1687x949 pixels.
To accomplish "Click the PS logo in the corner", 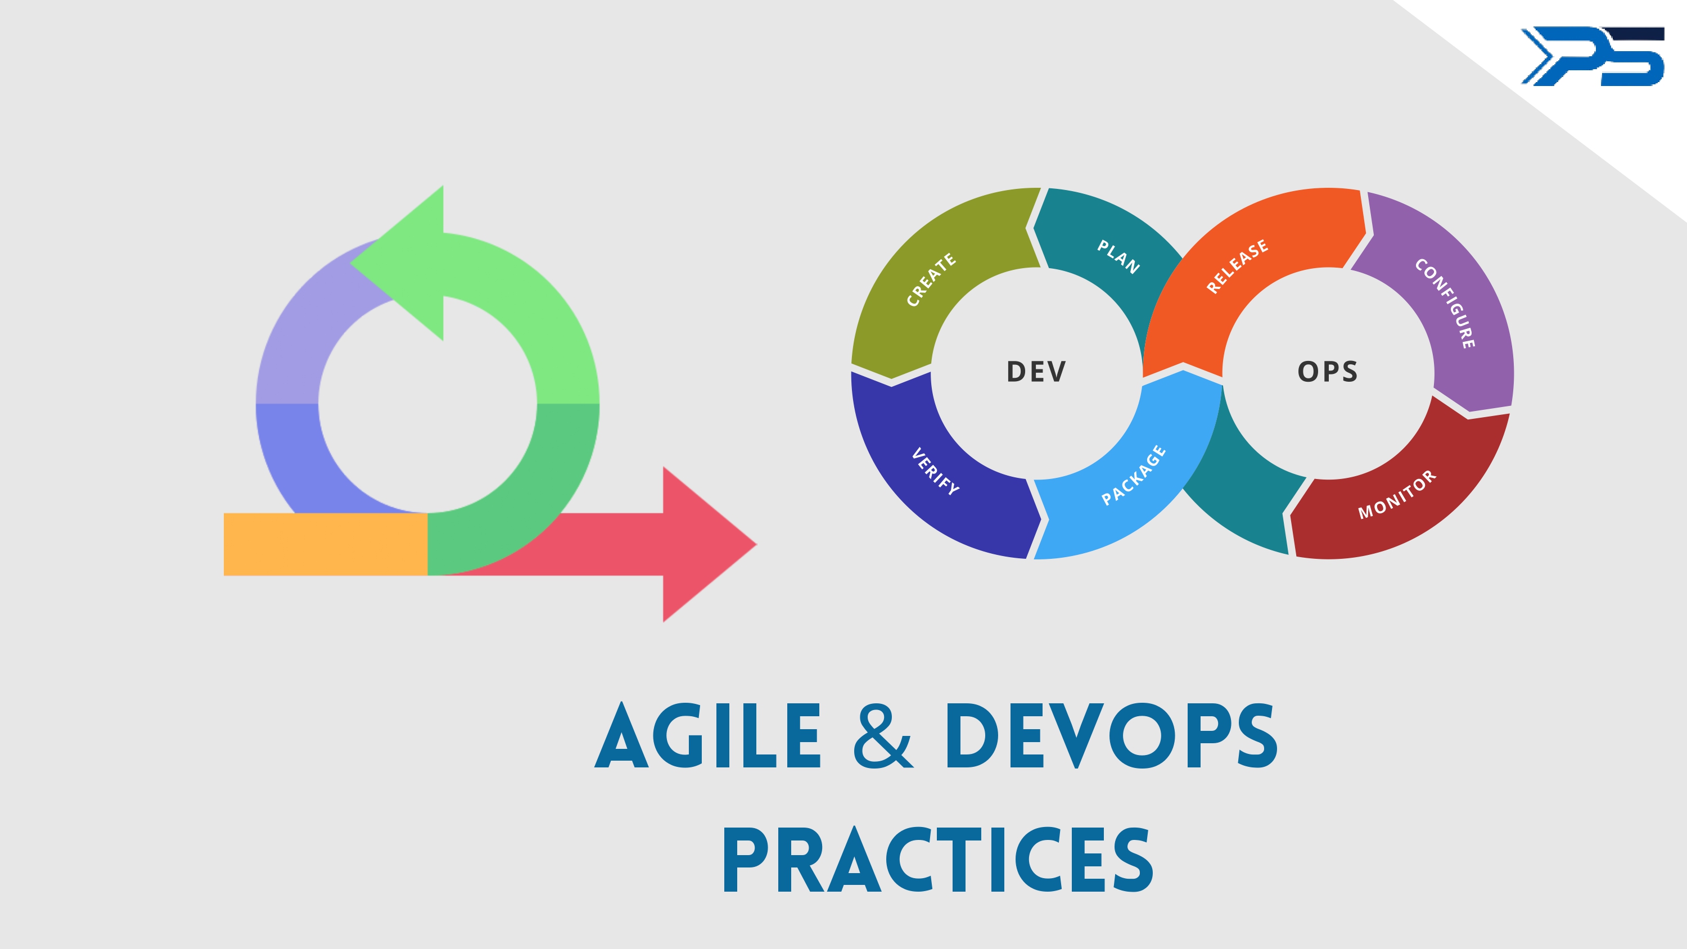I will click(1592, 56).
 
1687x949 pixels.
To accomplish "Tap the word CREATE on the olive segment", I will click(931, 279).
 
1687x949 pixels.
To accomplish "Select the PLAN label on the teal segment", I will click(1118, 256).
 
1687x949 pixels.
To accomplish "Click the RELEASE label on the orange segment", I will click(1237, 266).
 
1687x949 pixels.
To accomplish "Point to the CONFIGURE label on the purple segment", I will click(1445, 303).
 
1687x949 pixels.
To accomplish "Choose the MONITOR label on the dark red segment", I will click(1397, 495).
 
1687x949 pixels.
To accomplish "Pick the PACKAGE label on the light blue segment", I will click(1134, 475).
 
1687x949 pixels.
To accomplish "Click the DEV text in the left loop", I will click(1036, 372).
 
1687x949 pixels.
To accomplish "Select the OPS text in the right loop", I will click(1328, 372).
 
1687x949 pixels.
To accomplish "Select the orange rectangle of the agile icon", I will click(325, 544).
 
